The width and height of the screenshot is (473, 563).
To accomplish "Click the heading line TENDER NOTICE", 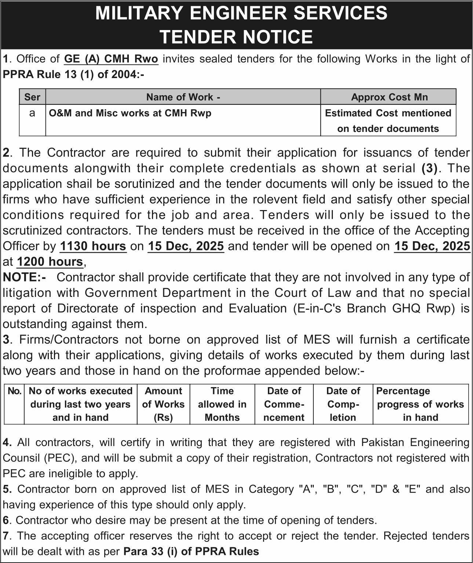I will click(236, 37).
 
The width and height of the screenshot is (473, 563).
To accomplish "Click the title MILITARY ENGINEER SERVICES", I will click(241, 13).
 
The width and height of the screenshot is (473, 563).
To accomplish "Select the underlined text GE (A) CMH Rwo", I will click(111, 59).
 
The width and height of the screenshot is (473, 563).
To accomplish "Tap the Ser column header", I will click(32, 97).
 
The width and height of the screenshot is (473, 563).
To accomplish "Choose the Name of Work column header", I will click(183, 97).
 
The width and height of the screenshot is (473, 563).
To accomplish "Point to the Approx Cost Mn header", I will click(389, 97).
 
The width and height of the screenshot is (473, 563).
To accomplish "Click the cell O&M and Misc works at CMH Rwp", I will click(130, 113).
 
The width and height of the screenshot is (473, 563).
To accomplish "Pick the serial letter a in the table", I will click(32, 113).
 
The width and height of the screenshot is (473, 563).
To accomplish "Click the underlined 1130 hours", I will click(93, 246).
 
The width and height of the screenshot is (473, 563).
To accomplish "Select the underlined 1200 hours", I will click(50, 262).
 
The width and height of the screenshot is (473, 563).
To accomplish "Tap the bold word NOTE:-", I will click(24, 277).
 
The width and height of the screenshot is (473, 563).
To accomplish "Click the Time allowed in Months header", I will click(222, 404).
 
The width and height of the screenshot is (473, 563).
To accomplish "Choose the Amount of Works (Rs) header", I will click(163, 404).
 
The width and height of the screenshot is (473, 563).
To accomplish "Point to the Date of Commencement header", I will click(284, 404).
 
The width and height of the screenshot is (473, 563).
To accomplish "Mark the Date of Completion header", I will click(343, 404).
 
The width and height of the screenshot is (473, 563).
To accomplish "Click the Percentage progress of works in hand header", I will click(420, 404).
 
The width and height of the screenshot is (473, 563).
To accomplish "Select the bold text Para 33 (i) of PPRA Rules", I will click(191, 551).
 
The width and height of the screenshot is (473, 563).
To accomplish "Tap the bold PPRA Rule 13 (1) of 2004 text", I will click(73, 74).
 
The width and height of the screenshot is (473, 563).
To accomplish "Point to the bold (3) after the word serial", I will click(429, 168).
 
